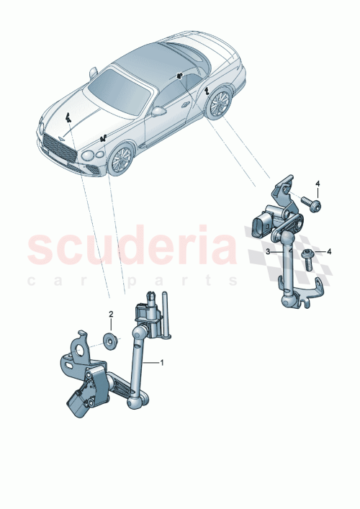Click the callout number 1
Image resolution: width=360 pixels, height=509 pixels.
pos(162,362)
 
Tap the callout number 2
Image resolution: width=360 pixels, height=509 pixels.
pos(111,314)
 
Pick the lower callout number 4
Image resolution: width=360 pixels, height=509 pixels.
pos(329,251)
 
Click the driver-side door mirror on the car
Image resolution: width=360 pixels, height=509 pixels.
pos(158,112)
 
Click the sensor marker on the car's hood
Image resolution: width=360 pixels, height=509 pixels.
pos(66,120)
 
